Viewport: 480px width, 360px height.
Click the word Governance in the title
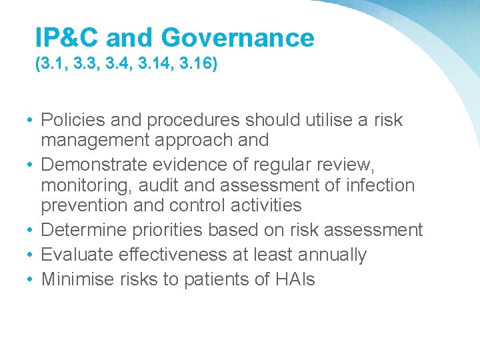pos(237,38)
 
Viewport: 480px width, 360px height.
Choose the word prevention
pos(85,205)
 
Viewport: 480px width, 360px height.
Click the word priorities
pos(171,231)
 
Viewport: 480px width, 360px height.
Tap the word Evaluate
pos(77,255)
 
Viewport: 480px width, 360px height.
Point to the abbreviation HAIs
pos(295,279)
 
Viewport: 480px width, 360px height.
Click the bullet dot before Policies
pos(31,121)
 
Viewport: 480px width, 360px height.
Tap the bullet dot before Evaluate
pos(31,255)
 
